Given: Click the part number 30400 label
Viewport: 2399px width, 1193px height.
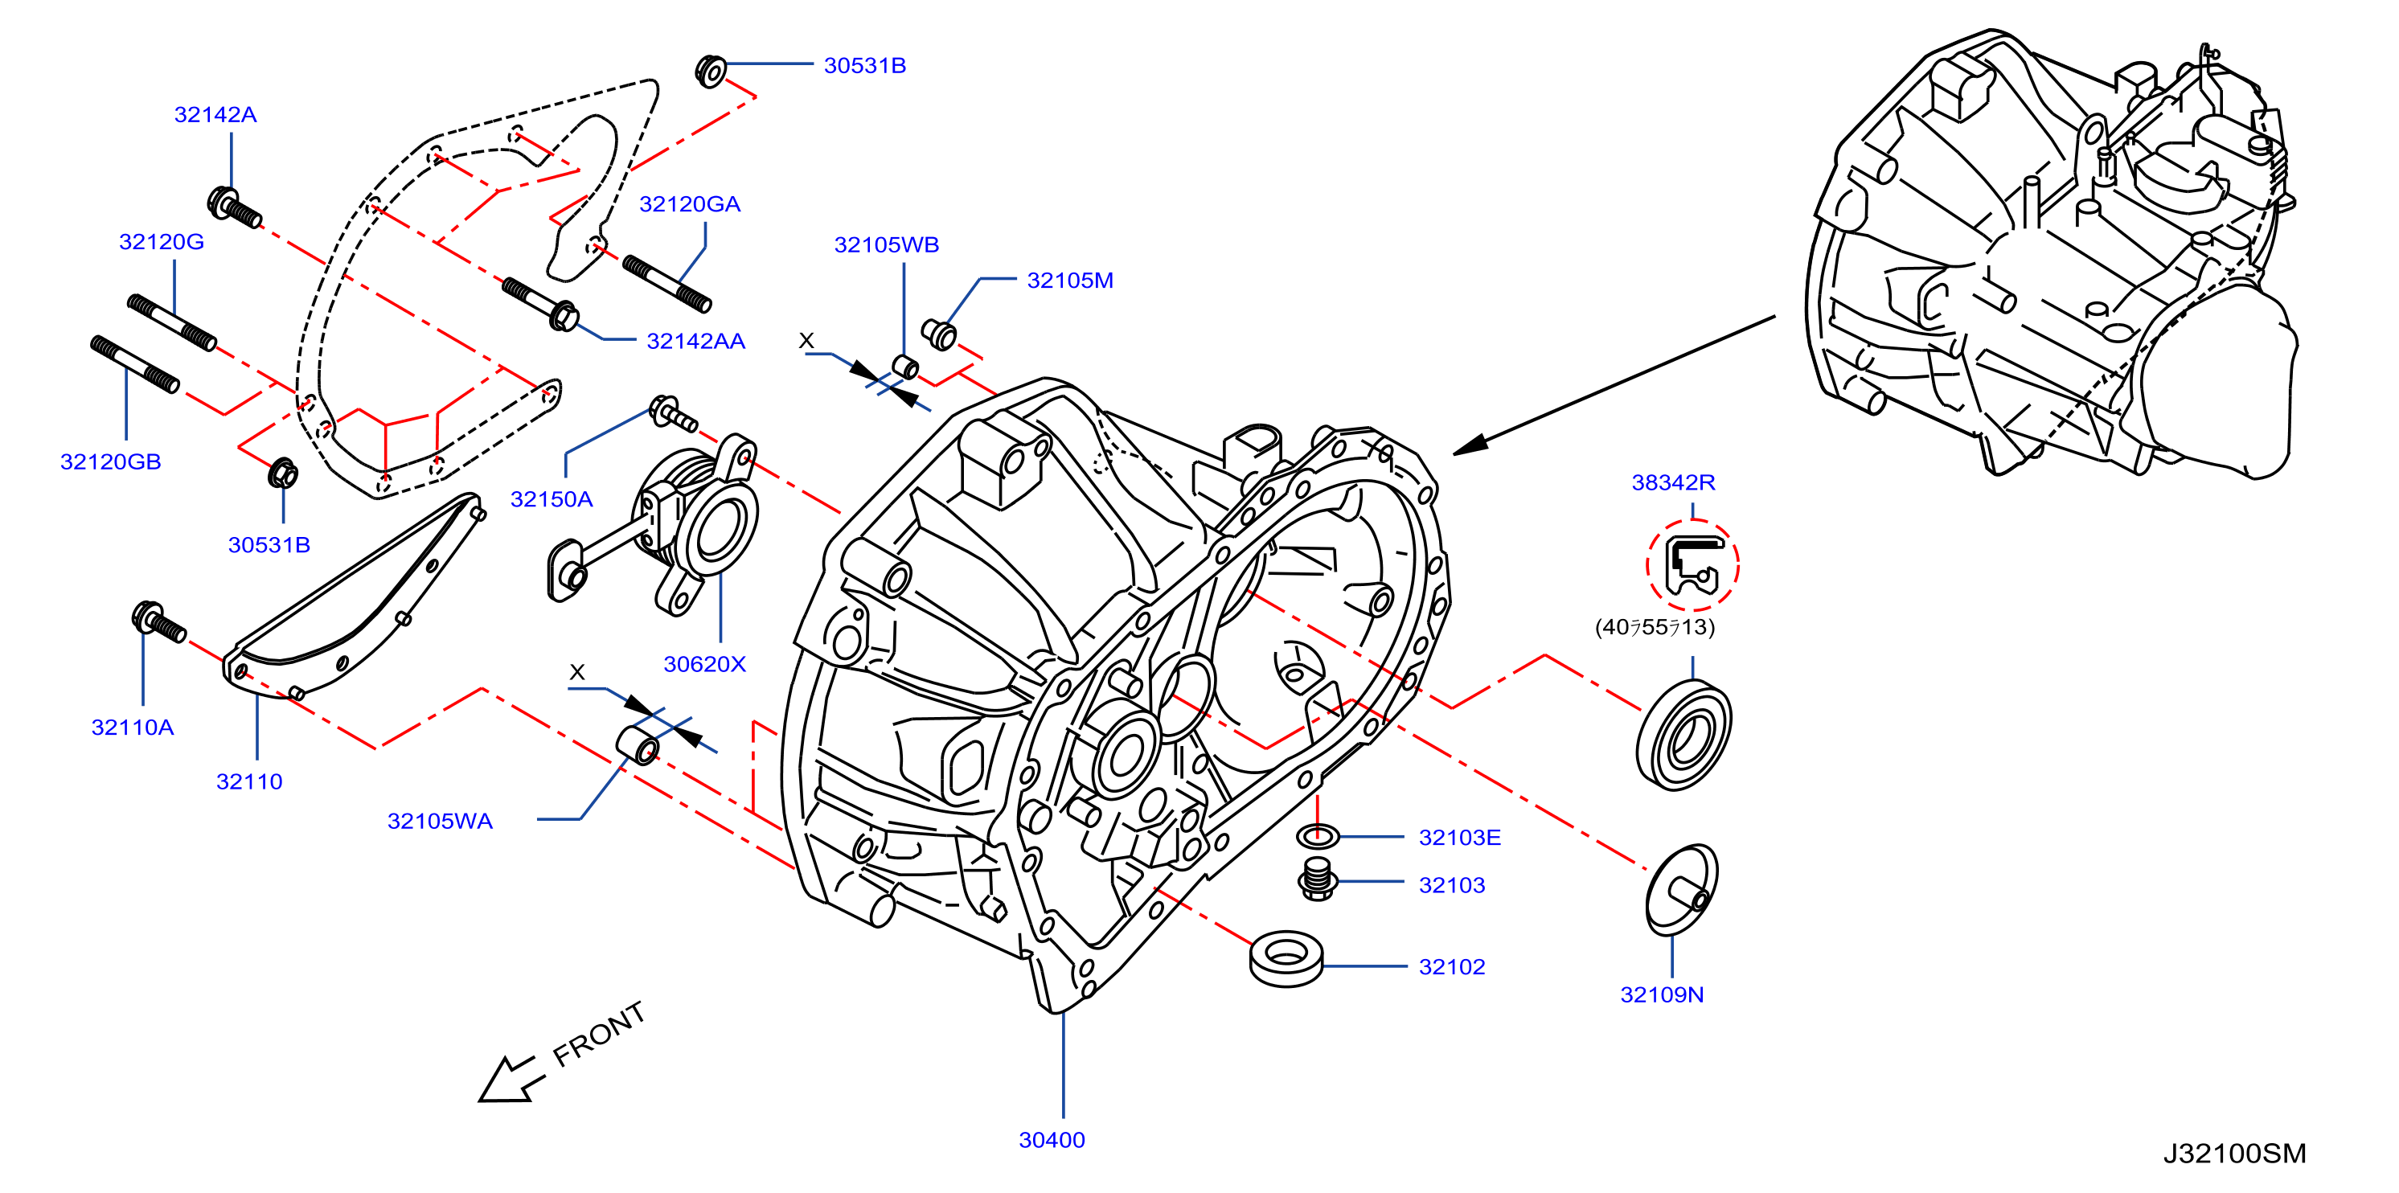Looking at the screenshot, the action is (1052, 1139).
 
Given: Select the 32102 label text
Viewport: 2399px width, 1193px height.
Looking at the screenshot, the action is (1451, 966).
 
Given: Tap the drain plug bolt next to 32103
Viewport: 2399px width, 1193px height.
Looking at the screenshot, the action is (1317, 879).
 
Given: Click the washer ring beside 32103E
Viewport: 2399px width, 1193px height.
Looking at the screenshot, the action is (1318, 836).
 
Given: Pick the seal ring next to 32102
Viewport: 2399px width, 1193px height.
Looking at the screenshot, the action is (1286, 957).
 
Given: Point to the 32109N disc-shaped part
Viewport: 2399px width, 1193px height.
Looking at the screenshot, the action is (1682, 889).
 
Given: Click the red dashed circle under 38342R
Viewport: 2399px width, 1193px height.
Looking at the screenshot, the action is (1692, 565).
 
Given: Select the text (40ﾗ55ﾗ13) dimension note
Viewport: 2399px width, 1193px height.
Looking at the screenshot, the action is (1654, 627).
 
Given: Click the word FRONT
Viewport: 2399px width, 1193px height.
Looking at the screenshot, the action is (599, 1034).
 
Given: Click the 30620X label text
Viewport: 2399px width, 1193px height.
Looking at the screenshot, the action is (704, 664).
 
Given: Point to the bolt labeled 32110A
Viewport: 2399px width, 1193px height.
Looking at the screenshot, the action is (159, 622).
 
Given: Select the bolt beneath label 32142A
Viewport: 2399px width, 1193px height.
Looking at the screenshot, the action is (234, 207).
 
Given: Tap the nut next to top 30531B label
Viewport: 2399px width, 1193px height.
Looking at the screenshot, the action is (711, 71).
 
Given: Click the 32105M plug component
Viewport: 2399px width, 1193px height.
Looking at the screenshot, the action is (939, 334).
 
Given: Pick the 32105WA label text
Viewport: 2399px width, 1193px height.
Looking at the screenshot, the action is (440, 821).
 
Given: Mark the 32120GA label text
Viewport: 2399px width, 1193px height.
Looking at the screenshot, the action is (689, 204).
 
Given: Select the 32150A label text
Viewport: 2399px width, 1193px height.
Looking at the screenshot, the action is (552, 499).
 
